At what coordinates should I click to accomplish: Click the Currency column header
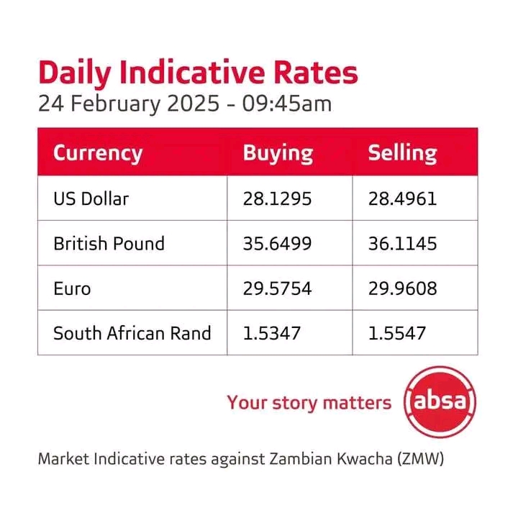[x=98, y=153]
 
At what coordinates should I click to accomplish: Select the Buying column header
[x=278, y=153]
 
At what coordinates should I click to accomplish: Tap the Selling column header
[x=402, y=153]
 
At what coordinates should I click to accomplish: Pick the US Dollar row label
[x=91, y=199]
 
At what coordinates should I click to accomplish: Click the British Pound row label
[x=109, y=244]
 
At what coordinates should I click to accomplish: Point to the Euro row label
[x=72, y=288]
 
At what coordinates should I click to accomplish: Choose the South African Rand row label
[x=132, y=333]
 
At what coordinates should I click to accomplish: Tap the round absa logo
[x=440, y=401]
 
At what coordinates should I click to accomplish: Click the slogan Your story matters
[x=309, y=402]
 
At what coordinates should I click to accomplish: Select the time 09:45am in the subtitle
[x=288, y=104]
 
